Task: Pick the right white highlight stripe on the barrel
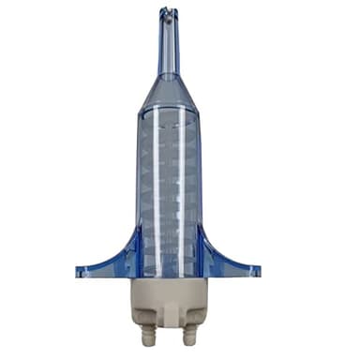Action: [182, 187]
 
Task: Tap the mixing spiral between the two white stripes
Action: [168, 187]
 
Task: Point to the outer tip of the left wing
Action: [80, 273]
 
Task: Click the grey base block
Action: [168, 300]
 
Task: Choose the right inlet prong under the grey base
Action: [189, 336]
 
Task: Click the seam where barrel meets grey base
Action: [168, 278]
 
